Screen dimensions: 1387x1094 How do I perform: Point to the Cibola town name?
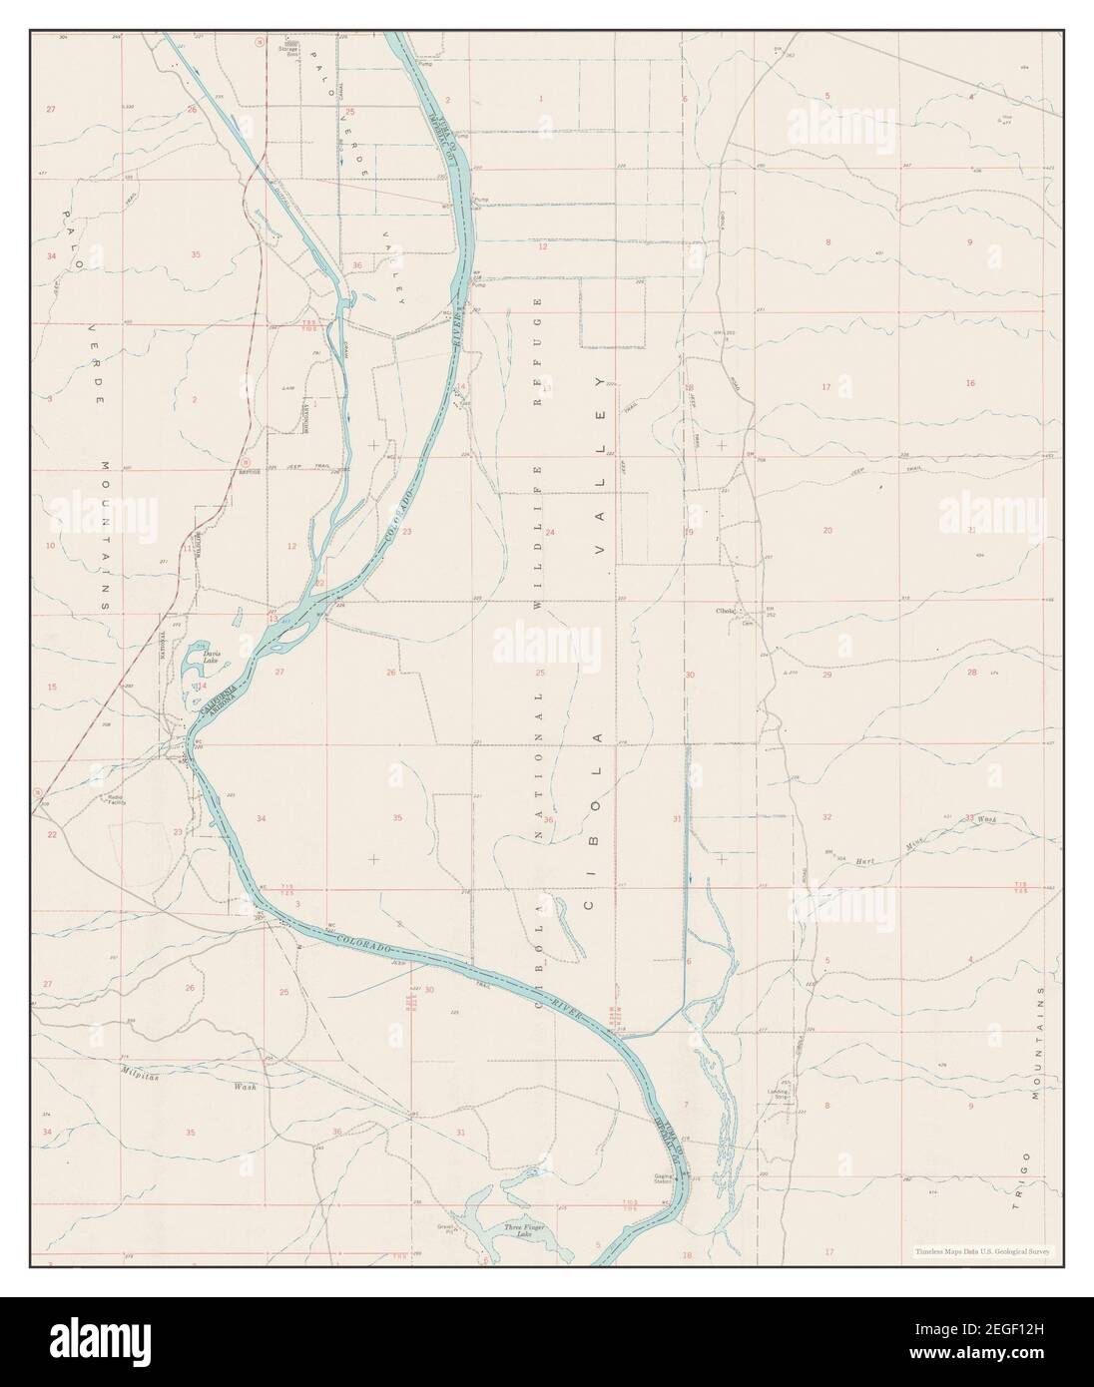(726, 611)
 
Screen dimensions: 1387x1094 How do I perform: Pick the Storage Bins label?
(290, 47)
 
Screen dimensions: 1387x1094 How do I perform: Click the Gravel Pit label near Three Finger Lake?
(445, 1228)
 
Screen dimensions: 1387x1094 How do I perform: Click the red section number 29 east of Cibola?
(826, 676)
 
